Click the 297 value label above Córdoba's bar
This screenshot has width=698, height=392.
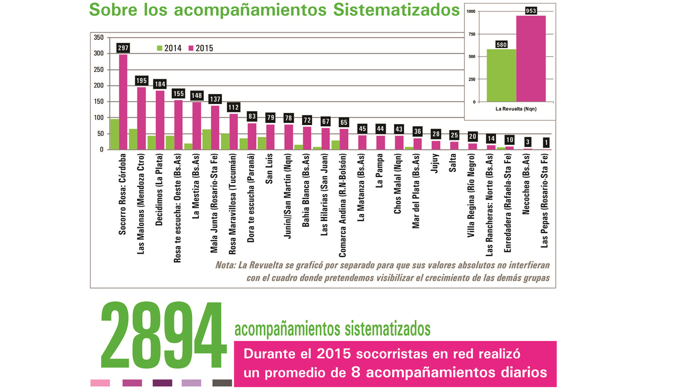pyautogui.click(x=123, y=48)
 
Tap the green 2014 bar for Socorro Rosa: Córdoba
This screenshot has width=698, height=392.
pyautogui.click(x=114, y=134)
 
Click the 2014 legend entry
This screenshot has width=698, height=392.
pyautogui.click(x=169, y=48)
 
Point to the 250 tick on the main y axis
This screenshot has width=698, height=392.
pyautogui.click(x=99, y=69)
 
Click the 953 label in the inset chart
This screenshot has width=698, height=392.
pyautogui.click(x=531, y=11)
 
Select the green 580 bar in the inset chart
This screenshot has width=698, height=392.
pyautogui.click(x=501, y=75)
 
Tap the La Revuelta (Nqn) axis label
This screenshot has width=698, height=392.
pyautogui.click(x=516, y=109)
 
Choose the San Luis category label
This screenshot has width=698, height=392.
pyautogui.click(x=269, y=170)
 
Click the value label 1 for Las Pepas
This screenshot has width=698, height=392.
pyautogui.click(x=546, y=143)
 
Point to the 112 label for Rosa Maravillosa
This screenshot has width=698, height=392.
pyautogui.click(x=234, y=107)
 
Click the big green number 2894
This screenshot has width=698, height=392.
pyautogui.click(x=162, y=337)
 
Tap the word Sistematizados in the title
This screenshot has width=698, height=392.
pyautogui.click(x=397, y=10)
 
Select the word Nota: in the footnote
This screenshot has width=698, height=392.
pyautogui.click(x=225, y=265)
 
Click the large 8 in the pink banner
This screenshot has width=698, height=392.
pyautogui.click(x=357, y=372)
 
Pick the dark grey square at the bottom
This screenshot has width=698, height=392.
pyautogui.click(x=222, y=383)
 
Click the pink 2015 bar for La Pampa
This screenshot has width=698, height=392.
pyautogui.click(x=381, y=142)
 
